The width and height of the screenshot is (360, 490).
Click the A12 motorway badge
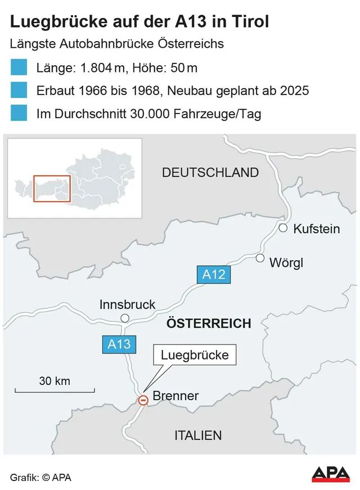[214, 275]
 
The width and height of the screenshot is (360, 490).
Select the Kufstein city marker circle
[283, 228]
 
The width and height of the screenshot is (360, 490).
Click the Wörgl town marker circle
[260, 258]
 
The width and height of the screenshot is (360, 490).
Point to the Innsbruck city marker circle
[125, 319]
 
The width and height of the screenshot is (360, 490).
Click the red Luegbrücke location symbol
[143, 400]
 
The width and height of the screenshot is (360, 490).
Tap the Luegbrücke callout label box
[195, 355]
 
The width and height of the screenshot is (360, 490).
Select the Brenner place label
[175, 396]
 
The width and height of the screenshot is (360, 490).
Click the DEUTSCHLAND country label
[210, 173]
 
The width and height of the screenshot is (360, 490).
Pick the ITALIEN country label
[198, 435]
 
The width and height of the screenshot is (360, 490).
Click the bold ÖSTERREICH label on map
[208, 324]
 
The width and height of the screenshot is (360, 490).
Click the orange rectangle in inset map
[52, 188]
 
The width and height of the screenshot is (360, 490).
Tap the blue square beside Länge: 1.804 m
[19, 68]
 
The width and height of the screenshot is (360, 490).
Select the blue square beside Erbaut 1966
[19, 90]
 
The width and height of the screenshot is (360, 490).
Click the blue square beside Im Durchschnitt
[19, 113]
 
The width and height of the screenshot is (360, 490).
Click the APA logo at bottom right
[331, 474]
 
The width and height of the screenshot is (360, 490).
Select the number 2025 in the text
[294, 90]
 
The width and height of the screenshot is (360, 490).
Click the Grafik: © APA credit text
[41, 478]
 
